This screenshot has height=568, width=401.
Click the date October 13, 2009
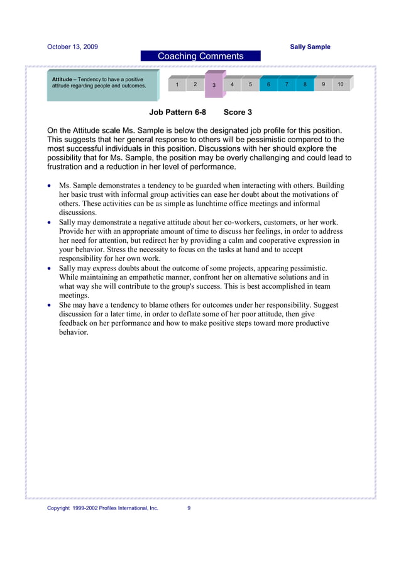pos(72,47)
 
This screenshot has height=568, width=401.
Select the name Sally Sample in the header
pos(310,47)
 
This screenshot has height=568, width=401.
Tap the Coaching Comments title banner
pos(200,57)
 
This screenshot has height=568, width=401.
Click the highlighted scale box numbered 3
pos(214,85)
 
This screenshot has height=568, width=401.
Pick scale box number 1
pos(177,84)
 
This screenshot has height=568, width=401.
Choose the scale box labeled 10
pos(340,84)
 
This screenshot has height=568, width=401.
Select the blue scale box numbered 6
pos(268,84)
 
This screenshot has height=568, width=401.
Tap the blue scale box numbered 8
pos(305,84)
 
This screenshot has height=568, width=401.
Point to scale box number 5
pos(250,84)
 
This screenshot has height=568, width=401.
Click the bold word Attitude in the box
pos(62,79)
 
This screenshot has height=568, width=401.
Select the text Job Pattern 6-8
pos(177,113)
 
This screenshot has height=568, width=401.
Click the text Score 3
pos(238,113)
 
